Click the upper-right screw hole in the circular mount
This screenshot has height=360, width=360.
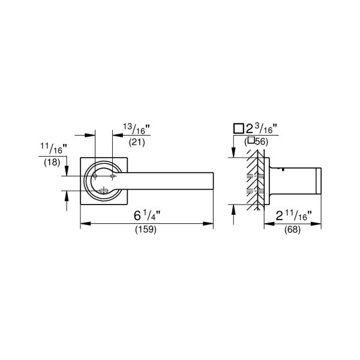coord(112,175)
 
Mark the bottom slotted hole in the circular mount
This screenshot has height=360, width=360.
coord(103,191)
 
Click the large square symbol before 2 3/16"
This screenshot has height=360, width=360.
coord(238,128)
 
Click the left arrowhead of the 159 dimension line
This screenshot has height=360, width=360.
coord(83,224)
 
